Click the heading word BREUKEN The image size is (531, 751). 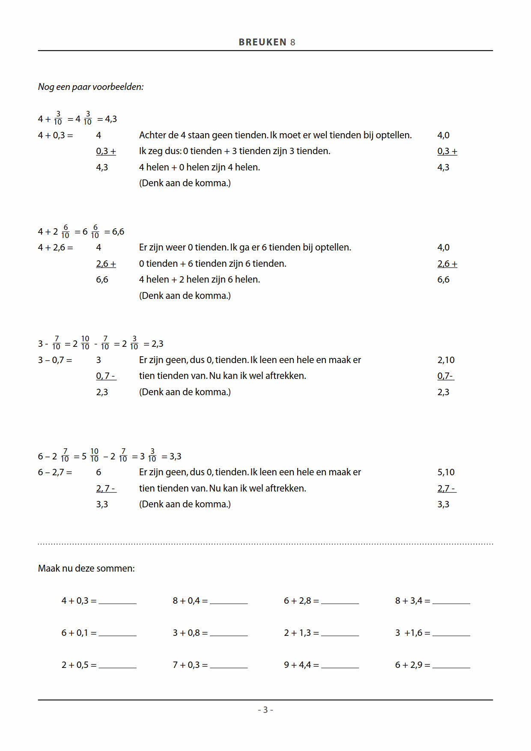pos(262,42)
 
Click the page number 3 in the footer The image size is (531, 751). pos(265,710)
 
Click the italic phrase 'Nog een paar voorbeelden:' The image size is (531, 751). pos(91,87)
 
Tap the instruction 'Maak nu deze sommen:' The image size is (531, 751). pos(86,569)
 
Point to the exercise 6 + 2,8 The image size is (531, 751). pos(301,601)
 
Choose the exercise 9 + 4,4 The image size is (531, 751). pos(301,665)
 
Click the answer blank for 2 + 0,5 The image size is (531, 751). pos(117,666)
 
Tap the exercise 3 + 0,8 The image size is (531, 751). pos(190,633)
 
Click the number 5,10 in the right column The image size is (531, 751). pos(446,472)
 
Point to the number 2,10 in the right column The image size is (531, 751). pos(446,360)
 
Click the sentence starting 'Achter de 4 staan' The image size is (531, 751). pos(275,135)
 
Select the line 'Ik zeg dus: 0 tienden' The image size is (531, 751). pos(234,151)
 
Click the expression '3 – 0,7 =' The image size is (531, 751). pos(55,360)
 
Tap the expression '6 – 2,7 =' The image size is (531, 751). pos(55,472)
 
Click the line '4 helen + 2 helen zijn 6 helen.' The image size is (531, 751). pos(199,280)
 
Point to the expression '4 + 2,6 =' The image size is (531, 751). pos(55,247)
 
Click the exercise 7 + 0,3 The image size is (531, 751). pos(190,665)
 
